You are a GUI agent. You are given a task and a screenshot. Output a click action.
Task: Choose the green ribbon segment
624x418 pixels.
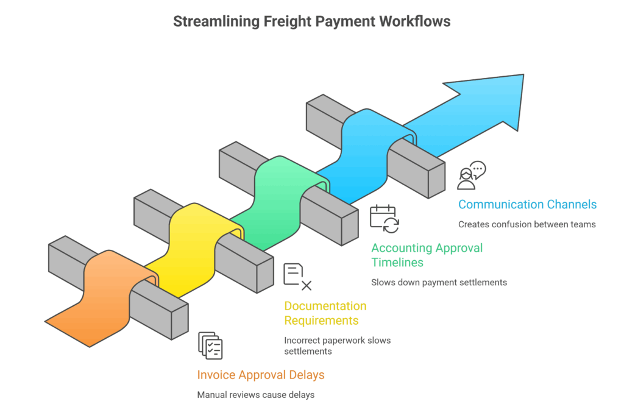(274, 195)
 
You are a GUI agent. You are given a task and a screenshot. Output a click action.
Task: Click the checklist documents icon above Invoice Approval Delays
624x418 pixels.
(210, 345)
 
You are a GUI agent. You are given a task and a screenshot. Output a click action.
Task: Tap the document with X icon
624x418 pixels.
(297, 276)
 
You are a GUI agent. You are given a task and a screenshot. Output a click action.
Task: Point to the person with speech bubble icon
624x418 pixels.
(471, 175)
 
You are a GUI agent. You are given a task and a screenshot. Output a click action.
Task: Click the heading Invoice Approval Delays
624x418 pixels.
(261, 375)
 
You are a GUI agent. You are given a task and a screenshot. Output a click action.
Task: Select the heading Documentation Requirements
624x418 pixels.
(325, 313)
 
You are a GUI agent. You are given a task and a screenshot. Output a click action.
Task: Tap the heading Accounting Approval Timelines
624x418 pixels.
(427, 255)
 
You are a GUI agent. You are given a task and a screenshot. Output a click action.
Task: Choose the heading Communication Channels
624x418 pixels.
(527, 204)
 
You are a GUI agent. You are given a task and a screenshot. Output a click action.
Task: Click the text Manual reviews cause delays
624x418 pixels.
(255, 395)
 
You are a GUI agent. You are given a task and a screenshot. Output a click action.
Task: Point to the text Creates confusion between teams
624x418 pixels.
(526, 224)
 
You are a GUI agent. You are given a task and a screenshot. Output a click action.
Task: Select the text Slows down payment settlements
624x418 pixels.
(439, 282)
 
